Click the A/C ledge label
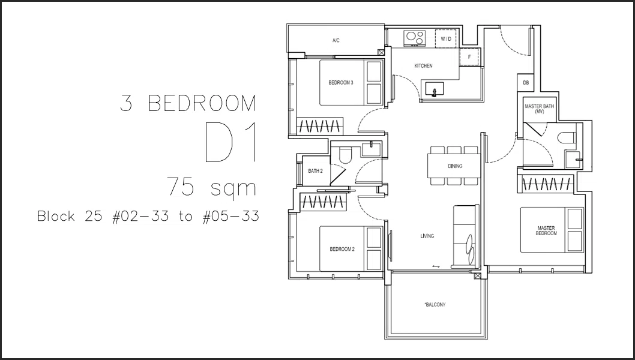(336, 40)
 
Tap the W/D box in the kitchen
(446, 39)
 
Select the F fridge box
(469, 57)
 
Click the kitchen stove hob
(415, 38)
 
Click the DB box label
(526, 83)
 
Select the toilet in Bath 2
(345, 155)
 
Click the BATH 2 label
(315, 171)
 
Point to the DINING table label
(455, 166)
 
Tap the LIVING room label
(427, 236)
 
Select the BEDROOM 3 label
(340, 83)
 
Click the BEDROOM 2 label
(342, 249)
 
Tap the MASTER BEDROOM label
(546, 231)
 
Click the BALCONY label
(435, 305)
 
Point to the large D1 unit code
(231, 142)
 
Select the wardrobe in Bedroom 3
(320, 126)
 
